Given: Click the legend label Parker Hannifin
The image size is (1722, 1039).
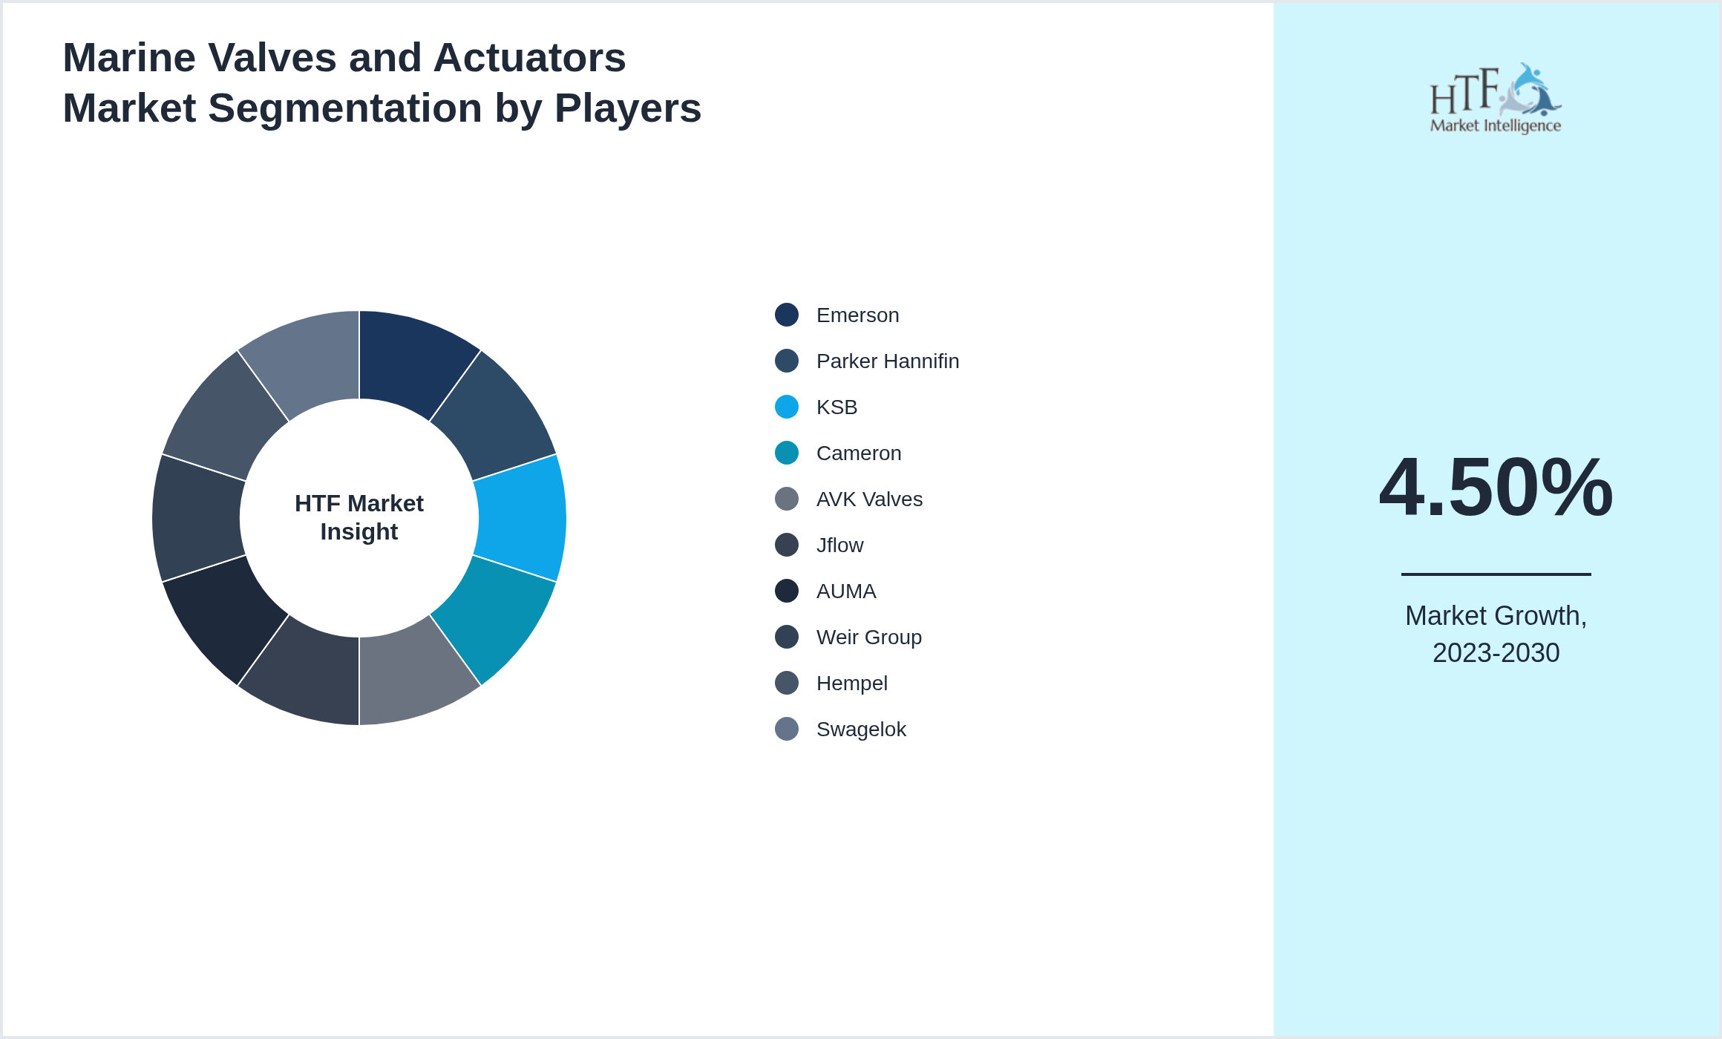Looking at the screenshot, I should [887, 361].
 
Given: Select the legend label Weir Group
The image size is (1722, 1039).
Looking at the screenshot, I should [868, 638].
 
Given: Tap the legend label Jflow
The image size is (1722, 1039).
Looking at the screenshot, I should [839, 545].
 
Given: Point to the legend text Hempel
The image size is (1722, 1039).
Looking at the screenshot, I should [851, 684].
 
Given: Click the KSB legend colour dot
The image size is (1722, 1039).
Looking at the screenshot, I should [787, 407].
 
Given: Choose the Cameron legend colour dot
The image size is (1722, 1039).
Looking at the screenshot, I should [787, 453].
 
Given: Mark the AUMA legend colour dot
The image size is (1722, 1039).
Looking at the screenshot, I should [787, 591].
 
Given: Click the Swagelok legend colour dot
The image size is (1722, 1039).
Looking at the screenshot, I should [787, 730].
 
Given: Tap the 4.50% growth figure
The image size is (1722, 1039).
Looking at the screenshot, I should [1496, 488].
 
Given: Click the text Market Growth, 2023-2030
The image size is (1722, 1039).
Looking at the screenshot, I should [1496, 635].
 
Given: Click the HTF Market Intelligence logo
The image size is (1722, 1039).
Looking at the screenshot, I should [1496, 99].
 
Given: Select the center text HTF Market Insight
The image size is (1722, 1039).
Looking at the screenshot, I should [359, 518].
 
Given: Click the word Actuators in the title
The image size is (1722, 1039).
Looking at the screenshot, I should [529, 58].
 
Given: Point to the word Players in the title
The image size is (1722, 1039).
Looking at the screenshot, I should [627, 108].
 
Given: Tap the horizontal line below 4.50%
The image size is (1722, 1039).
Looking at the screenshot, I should [1496, 574].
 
